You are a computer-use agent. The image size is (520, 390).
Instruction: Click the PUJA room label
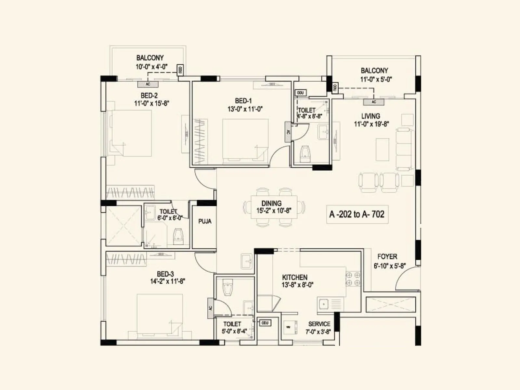click(205, 221)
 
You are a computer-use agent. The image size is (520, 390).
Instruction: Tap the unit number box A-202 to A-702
click(357, 214)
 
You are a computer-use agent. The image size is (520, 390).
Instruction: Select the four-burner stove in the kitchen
click(353, 279)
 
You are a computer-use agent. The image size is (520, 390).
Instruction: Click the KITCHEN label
click(294, 277)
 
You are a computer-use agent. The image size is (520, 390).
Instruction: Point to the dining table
click(274, 207)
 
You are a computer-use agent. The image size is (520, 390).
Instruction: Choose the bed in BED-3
click(160, 315)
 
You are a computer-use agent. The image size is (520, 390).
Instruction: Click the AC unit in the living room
click(374, 102)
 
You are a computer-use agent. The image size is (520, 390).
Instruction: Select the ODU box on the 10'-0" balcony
click(180, 69)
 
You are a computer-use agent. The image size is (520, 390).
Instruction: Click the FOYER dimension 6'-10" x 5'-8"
click(389, 266)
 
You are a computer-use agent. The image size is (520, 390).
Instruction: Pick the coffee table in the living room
click(383, 149)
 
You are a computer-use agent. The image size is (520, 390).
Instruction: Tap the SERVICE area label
click(319, 324)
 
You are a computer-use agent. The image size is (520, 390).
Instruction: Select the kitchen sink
click(324, 304)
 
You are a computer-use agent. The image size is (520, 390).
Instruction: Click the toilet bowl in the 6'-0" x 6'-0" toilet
click(178, 235)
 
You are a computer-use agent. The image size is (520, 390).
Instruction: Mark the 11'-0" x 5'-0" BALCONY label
click(374, 71)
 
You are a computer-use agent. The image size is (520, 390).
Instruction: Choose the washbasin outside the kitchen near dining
click(247, 261)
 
